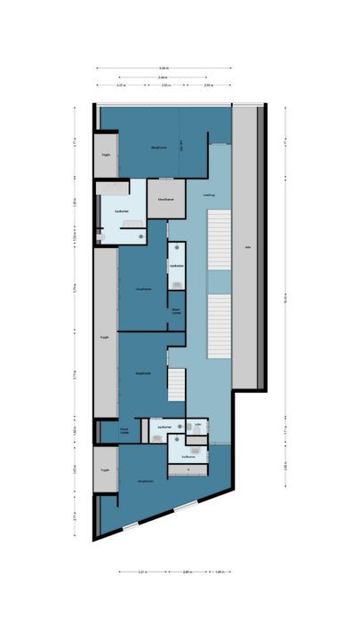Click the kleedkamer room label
[165, 200]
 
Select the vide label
[248, 249]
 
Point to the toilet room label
[198, 425]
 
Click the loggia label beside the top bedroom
[105, 154]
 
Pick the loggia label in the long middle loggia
[105, 338]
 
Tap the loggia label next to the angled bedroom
[105, 469]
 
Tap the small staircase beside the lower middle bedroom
[177, 385]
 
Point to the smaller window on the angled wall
[131, 525]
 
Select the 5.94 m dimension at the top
[164, 77]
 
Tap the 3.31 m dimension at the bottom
[143, 572]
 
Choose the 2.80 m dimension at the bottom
[187, 572]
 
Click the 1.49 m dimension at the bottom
[219, 572]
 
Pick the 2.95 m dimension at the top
[207, 86]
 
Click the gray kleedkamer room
[165, 197]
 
